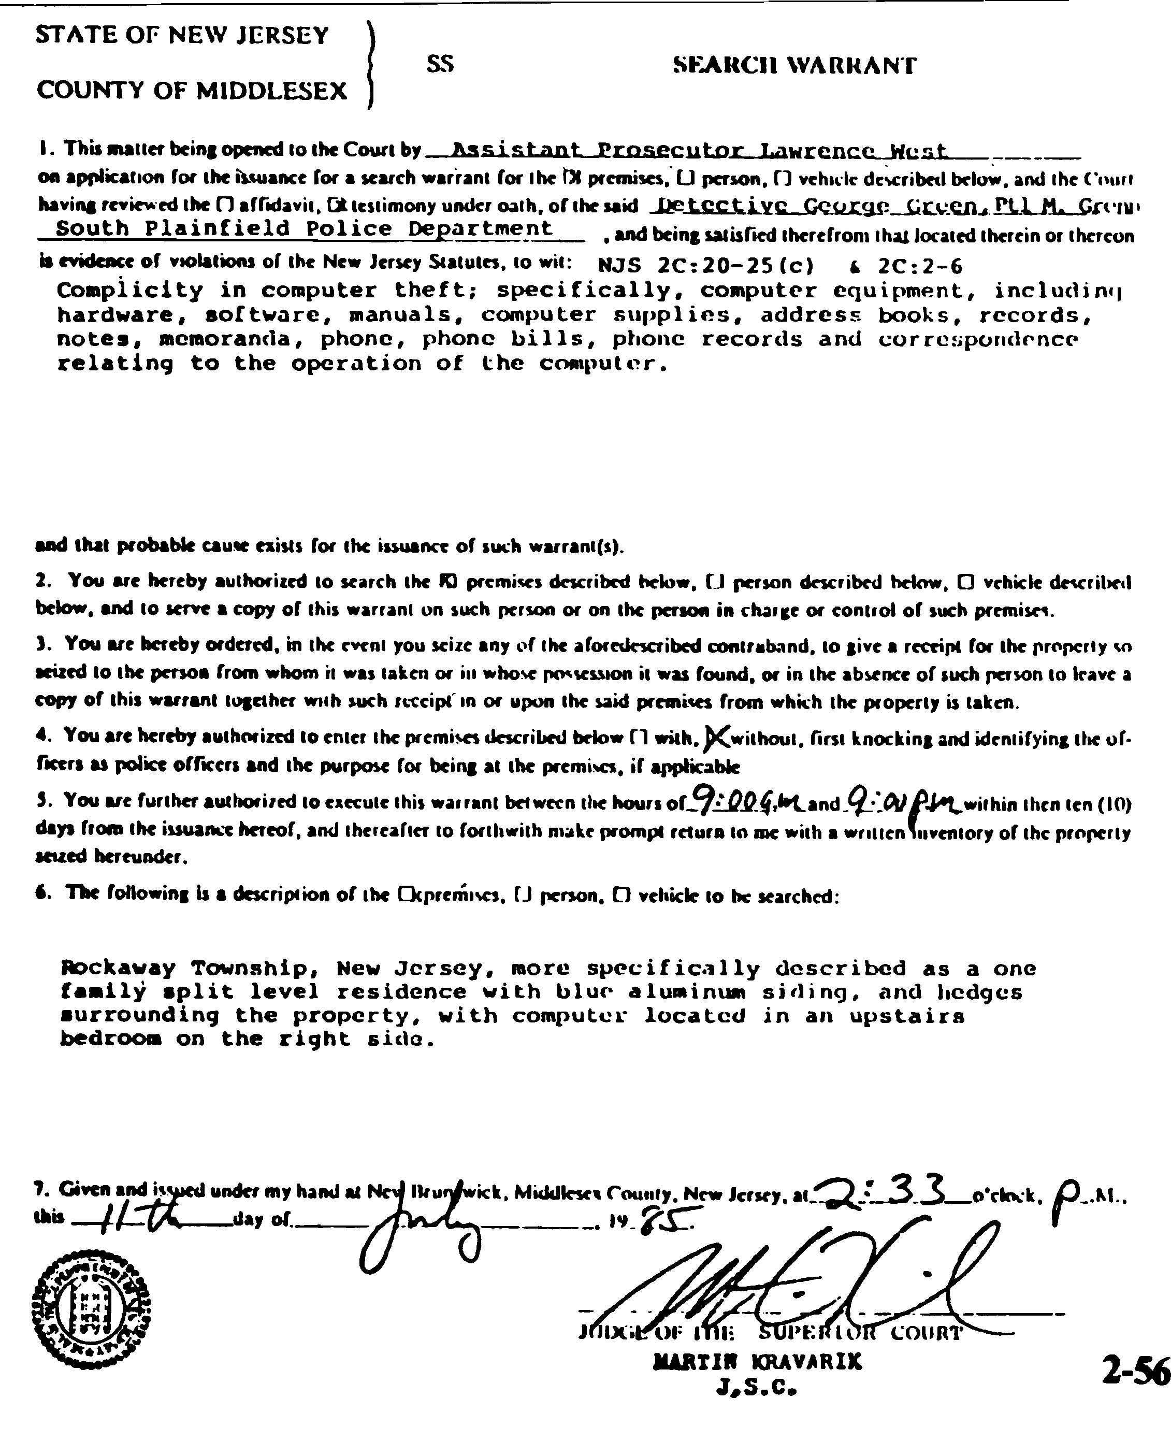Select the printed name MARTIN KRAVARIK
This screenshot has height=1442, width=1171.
pos(758,1362)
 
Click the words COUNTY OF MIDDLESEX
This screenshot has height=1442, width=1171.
pos(192,90)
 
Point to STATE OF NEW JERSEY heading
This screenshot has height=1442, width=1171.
pos(182,35)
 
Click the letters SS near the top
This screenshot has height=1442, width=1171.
pos(440,64)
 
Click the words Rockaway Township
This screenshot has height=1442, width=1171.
pos(185,968)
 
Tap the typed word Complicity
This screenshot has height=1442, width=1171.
pos(129,290)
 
